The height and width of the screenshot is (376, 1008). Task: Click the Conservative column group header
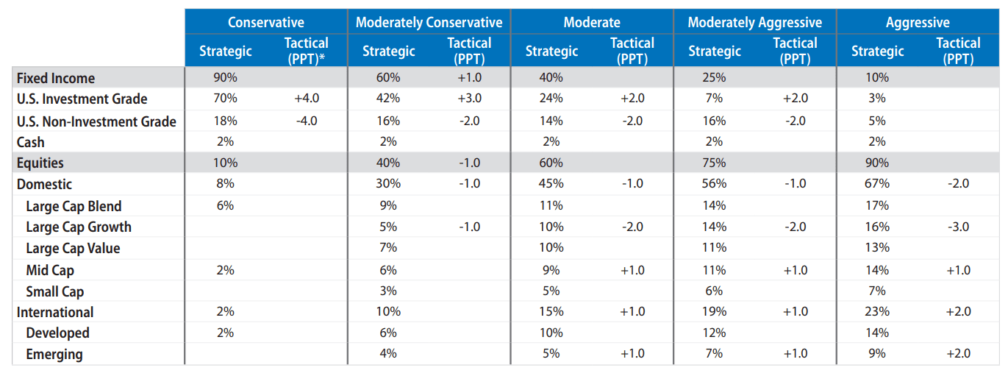click(265, 22)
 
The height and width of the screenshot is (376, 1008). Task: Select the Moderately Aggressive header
click(754, 22)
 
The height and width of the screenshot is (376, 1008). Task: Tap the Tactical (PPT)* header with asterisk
click(306, 51)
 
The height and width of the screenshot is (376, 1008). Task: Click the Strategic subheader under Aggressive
click(877, 51)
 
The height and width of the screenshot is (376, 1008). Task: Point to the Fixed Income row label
click(56, 78)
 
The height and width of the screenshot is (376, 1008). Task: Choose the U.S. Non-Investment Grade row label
click(96, 121)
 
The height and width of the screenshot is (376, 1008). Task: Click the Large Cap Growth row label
click(79, 227)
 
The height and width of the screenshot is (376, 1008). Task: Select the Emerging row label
click(54, 354)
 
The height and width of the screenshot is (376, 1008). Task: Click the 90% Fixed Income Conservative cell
click(226, 77)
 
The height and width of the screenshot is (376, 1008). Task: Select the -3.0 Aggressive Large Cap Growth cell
click(958, 227)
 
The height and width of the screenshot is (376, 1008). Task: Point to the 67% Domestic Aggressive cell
click(877, 184)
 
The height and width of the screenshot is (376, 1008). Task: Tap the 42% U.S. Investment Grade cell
click(388, 99)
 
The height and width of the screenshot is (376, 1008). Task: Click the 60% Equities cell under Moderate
click(551, 163)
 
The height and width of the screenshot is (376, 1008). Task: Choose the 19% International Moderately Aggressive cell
click(714, 311)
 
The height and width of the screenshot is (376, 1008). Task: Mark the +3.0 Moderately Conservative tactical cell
click(468, 99)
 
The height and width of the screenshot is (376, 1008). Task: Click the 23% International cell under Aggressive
click(877, 311)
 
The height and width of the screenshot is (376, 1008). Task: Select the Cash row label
click(31, 142)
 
